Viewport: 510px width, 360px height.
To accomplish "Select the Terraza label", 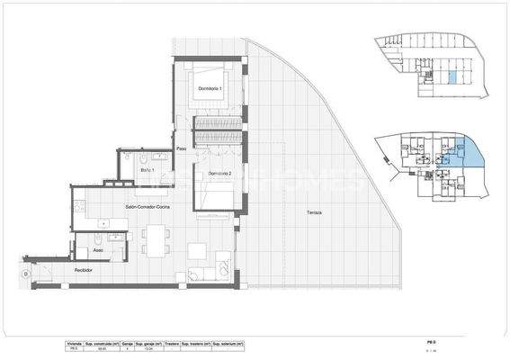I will coord(315,211).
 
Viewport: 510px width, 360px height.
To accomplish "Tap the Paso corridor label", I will coord(181,148).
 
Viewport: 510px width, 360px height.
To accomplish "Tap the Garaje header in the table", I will coord(128,344).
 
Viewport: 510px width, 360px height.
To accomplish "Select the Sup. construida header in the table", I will coord(101,344).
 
